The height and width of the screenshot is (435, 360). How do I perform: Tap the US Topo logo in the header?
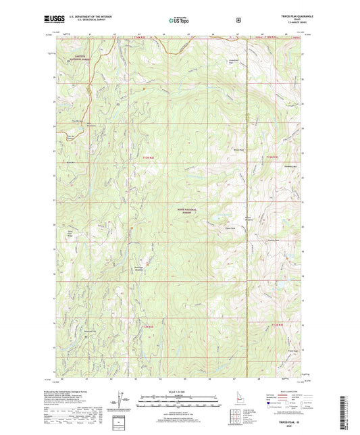coord(179,21)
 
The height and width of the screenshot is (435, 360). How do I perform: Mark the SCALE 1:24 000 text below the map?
coord(180,392)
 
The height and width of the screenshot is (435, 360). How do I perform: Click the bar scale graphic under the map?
coord(180,399)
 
